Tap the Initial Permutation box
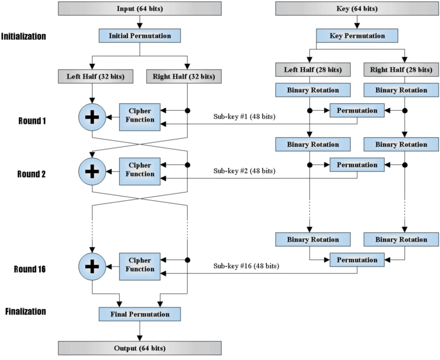[x=140, y=36]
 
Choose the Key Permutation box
[x=357, y=36]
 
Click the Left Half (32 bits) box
[x=96, y=77]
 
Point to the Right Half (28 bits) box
[x=401, y=69]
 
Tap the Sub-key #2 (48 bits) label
[x=244, y=171]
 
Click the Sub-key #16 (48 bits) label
[x=246, y=266]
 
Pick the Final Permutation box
[x=140, y=314]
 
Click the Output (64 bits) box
[x=140, y=348]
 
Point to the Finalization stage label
[x=26, y=311]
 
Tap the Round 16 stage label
[x=30, y=269]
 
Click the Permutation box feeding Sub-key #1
[x=357, y=111]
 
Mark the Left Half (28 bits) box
[x=313, y=69]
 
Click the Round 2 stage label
[x=31, y=174]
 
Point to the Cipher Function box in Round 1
[x=140, y=115]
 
